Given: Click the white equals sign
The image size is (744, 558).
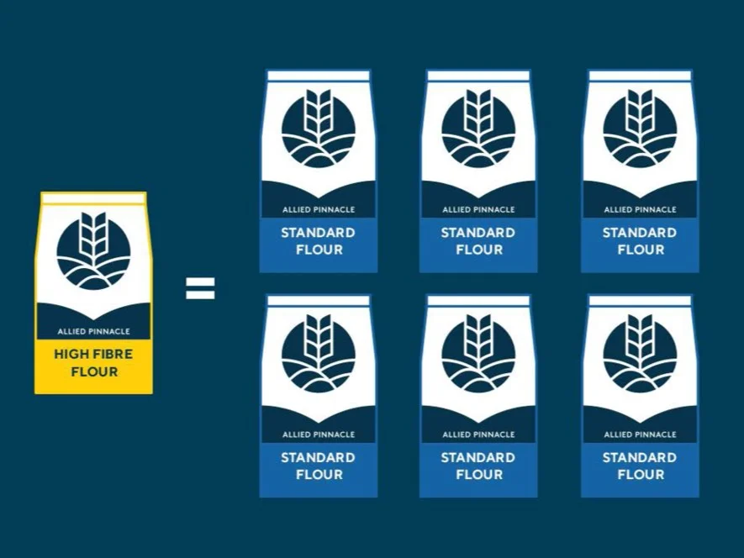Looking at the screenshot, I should pos(200,288).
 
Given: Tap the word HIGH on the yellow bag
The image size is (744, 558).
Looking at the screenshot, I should pos(70,355).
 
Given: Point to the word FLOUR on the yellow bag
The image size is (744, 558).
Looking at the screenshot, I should pos(94,371).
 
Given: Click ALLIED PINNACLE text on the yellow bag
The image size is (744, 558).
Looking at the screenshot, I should pos(94,331).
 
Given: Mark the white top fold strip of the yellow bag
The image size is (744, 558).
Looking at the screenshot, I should pos(94,198).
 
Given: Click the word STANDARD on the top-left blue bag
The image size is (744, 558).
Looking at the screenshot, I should pos(318,233).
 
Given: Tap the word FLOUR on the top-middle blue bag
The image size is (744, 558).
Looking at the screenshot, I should pos(479,250).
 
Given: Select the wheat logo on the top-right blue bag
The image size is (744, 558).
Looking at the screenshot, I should pos(640,129).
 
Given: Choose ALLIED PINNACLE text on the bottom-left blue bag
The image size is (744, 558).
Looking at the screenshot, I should pos(318,434).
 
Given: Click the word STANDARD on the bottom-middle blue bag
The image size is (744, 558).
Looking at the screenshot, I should pos(478,458).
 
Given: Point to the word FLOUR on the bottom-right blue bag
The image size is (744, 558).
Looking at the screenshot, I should pos(641,475).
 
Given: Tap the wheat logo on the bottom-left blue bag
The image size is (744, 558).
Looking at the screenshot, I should pos(318,355).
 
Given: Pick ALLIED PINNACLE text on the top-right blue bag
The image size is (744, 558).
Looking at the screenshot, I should pos(640,209).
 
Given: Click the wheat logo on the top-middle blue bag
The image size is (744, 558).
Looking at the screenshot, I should pos(478,129).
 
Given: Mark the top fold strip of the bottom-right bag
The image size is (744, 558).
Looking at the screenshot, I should pos(640,300).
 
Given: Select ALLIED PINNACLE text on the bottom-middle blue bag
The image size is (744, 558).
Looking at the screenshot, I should pos(478,434).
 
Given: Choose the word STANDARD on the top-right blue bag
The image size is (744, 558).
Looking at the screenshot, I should pos(640,233).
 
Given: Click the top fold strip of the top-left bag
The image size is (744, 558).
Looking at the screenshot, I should pos(318,76).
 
